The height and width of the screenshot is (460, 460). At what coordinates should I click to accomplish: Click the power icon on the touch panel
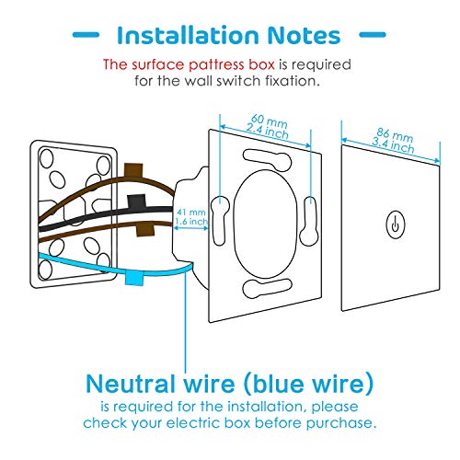pyautogui.click(x=394, y=224)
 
